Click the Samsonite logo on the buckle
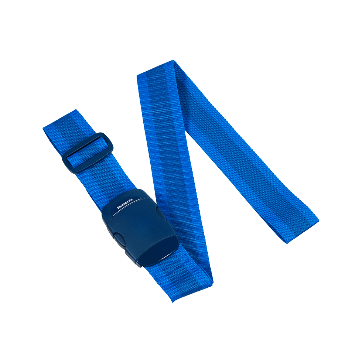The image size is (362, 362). [x=125, y=204]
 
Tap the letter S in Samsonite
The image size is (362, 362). [x=118, y=208]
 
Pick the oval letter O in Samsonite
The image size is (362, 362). [x=127, y=202]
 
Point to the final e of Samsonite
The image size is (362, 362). [x=132, y=199]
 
